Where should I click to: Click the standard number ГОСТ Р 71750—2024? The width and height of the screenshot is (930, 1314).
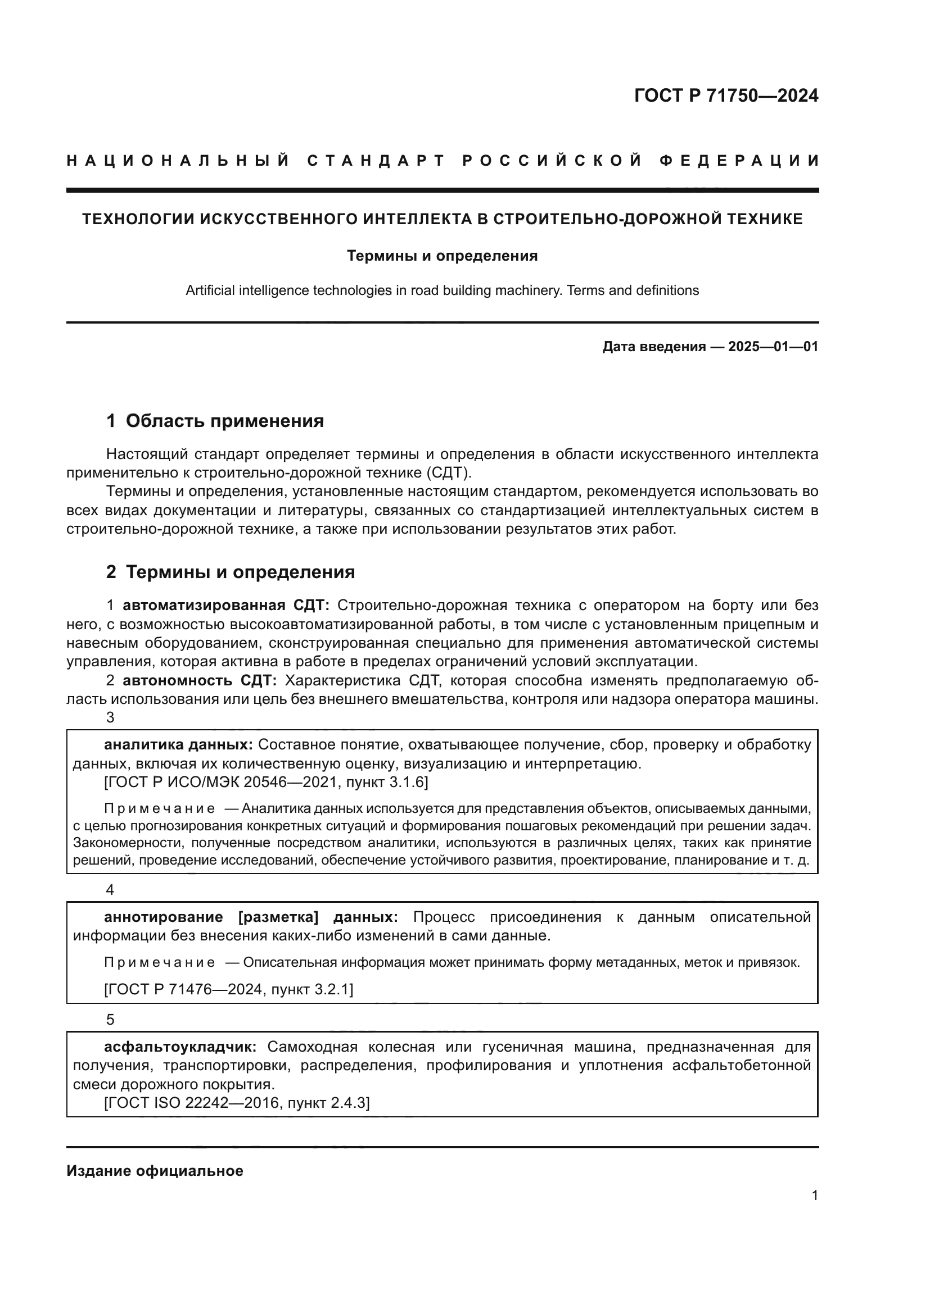(x=725, y=96)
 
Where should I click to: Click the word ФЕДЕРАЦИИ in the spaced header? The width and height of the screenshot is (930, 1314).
(x=739, y=161)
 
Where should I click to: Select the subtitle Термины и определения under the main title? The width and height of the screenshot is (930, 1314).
(x=442, y=256)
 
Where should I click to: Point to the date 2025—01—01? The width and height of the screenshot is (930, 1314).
(x=773, y=346)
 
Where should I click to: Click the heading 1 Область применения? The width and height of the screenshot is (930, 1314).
(x=215, y=421)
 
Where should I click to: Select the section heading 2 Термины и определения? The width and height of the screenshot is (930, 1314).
(x=230, y=572)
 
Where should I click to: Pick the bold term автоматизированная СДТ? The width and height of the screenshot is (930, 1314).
(x=225, y=606)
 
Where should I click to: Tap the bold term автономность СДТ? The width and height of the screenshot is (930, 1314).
(x=200, y=681)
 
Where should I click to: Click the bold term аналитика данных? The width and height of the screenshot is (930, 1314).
(x=178, y=745)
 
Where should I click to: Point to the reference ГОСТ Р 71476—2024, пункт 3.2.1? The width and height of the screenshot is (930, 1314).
(x=228, y=989)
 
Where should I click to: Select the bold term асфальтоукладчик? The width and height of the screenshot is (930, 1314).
(x=180, y=1047)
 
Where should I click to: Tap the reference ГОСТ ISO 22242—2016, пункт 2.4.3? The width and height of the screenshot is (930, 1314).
(x=237, y=1103)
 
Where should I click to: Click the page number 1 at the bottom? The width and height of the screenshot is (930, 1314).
(x=814, y=1195)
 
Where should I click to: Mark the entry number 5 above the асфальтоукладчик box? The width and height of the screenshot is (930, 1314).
(x=111, y=1020)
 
